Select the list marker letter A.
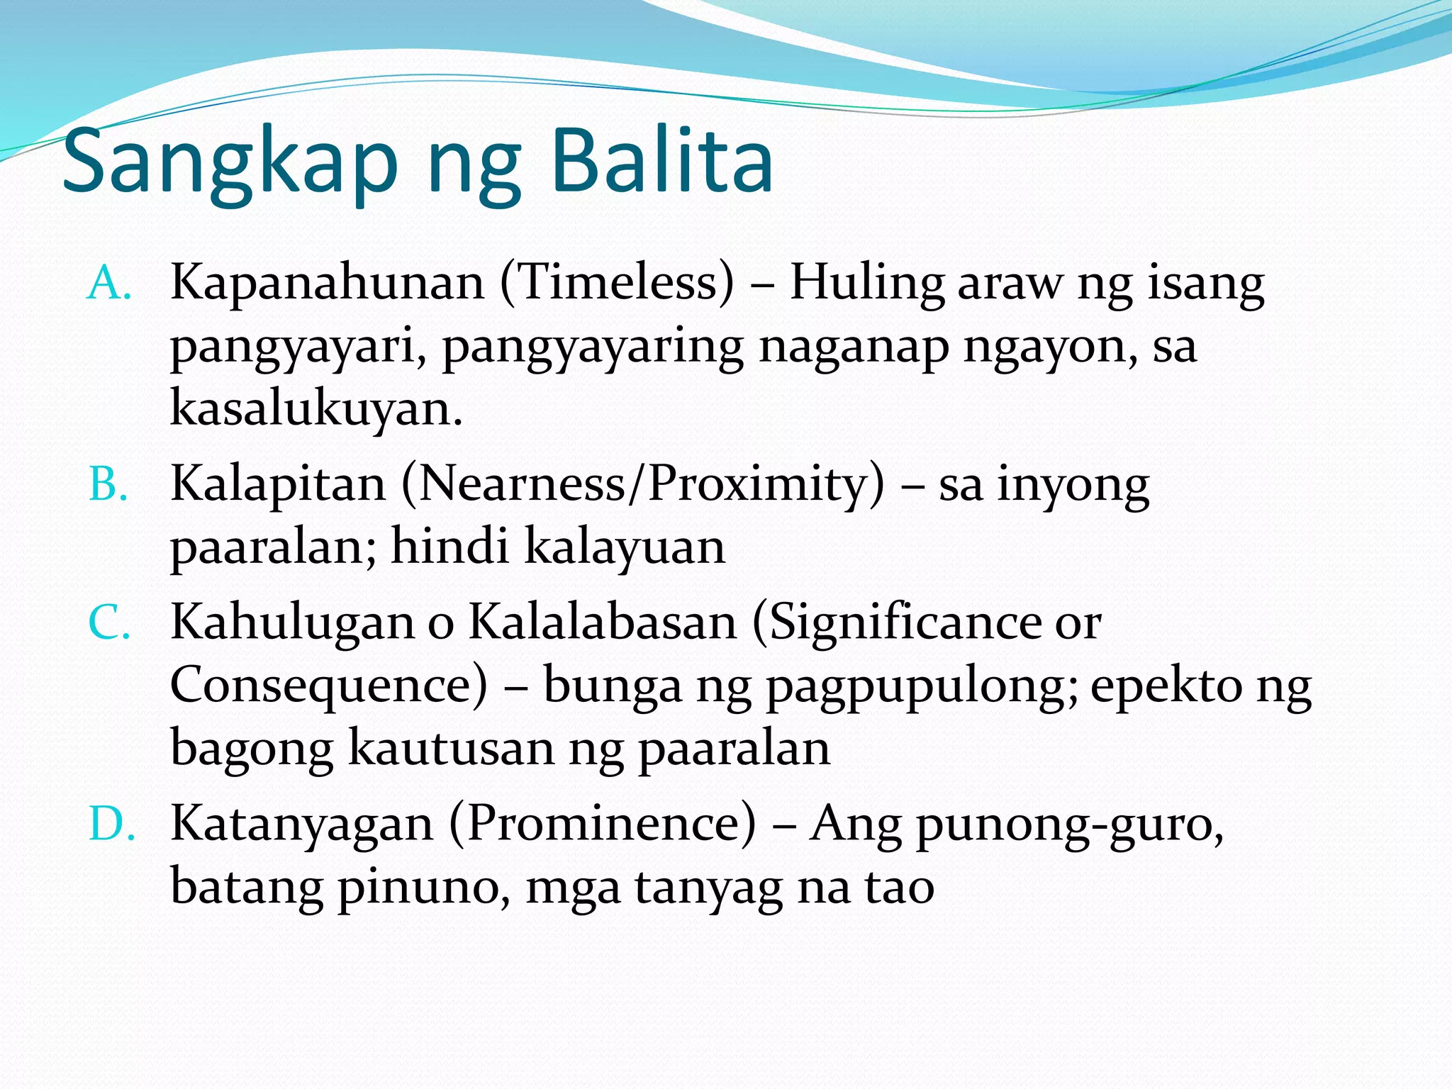click(108, 284)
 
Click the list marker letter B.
click(108, 486)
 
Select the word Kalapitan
click(279, 485)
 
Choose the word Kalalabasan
click(603, 622)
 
